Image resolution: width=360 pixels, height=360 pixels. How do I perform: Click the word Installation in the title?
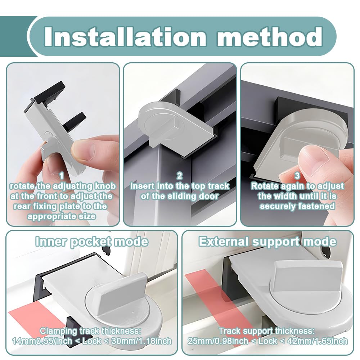[x=125, y=37]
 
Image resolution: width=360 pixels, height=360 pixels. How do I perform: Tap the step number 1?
[x=62, y=176]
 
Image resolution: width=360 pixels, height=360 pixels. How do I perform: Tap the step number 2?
[x=180, y=176]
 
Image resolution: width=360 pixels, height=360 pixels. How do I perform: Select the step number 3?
[x=297, y=176]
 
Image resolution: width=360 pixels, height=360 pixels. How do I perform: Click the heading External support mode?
[x=268, y=242]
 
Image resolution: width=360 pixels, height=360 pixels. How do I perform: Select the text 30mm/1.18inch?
[x=141, y=341]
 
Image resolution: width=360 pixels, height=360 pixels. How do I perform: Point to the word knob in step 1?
[x=105, y=186]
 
